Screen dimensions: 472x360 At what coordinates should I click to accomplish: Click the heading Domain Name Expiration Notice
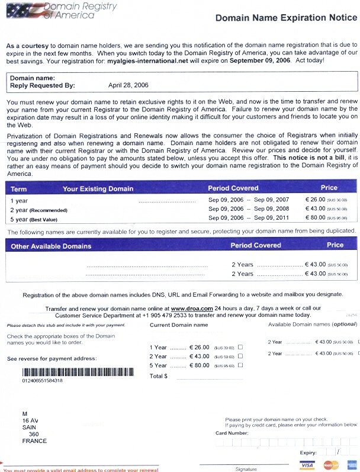(287, 18)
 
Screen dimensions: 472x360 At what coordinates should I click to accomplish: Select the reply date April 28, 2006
(128, 85)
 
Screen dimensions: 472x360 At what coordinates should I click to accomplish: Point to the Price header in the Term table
(329, 188)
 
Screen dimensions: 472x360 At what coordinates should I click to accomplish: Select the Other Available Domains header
(52, 246)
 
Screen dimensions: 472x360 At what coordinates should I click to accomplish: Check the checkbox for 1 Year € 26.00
(240, 347)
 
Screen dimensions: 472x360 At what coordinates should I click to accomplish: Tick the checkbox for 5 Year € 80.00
(240, 365)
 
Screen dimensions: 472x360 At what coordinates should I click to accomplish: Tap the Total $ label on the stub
(159, 376)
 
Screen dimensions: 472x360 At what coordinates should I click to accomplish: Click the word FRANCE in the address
(34, 441)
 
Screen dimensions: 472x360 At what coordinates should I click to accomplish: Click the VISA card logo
(307, 464)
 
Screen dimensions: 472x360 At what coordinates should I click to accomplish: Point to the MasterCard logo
(330, 464)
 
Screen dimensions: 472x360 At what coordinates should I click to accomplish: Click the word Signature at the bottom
(246, 469)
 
